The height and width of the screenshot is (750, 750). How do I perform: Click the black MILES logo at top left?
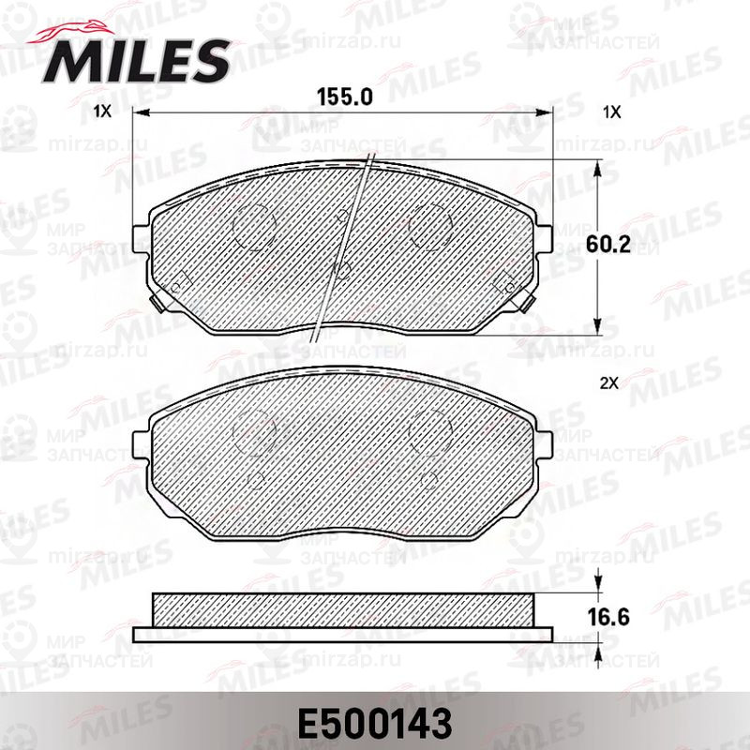click(x=135, y=62)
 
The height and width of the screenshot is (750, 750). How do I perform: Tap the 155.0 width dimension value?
click(x=344, y=97)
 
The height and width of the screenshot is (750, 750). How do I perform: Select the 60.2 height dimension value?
click(x=607, y=245)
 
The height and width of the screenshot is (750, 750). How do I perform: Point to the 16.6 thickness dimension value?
click(x=607, y=617)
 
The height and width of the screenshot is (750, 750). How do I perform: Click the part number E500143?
click(x=374, y=724)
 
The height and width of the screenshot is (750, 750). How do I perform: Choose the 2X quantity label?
click(x=608, y=383)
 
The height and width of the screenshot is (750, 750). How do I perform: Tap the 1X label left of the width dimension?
click(x=102, y=112)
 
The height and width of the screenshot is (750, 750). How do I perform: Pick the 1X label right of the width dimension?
click(x=612, y=112)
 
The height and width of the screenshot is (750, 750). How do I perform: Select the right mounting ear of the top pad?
click(x=545, y=238)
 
